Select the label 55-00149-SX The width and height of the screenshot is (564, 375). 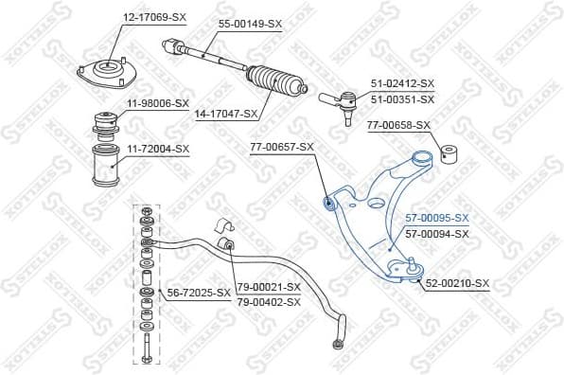pos(250,23)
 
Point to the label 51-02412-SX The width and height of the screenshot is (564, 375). pos(402,84)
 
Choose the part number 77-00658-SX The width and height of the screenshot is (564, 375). pos(398,124)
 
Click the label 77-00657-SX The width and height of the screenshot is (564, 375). pos(281,147)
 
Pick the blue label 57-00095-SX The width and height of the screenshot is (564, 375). pos(436,218)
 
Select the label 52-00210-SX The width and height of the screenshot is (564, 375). pos(458,283)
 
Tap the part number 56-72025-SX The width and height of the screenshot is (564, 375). pos(199,292)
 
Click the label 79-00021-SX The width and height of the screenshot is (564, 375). pos(268,286)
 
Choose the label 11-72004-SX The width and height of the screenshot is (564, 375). pos(157,149)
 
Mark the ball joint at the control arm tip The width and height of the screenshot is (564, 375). pos(413,267)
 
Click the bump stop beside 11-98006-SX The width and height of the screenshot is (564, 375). pos(104,124)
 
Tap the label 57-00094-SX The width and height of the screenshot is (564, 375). pos(436,233)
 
